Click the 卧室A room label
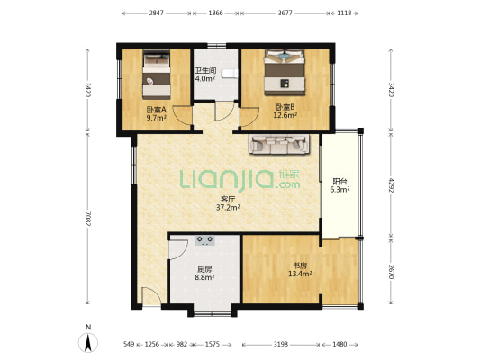[156, 110]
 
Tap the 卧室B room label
[285, 107]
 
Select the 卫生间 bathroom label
[205, 71]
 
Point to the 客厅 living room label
[228, 200]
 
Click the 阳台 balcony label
[340, 182]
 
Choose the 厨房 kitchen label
[204, 269]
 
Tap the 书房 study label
[300, 265]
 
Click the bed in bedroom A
[157, 75]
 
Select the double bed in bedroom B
[285, 73]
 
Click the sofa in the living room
[280, 144]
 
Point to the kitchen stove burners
[205, 240]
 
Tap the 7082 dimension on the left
[88, 219]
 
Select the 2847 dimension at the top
[157, 13]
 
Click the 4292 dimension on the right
[391, 184]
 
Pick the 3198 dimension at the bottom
[281, 345]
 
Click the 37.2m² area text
[228, 208]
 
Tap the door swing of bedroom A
[182, 115]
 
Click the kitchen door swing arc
[178, 249]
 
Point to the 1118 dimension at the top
[344, 13]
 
